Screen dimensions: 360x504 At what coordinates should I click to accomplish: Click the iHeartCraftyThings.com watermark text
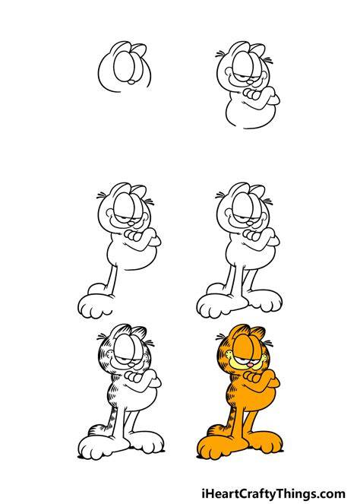point(273,493)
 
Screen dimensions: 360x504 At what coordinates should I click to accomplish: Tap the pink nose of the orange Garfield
point(250,364)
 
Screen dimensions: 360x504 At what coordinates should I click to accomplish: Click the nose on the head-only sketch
point(131,82)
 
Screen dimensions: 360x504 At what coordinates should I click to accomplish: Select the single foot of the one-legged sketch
point(96,306)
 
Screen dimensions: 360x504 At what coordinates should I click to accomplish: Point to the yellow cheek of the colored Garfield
point(229,356)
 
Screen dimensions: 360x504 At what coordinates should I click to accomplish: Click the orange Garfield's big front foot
point(216,446)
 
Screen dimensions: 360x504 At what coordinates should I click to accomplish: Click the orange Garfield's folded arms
point(261,380)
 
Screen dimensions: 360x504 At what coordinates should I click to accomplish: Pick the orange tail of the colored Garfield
point(216,430)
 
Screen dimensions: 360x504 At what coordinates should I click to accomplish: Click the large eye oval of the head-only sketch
point(124,67)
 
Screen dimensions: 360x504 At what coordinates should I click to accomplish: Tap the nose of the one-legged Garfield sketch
point(131,223)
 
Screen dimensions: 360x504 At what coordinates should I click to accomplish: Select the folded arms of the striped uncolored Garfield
point(142,380)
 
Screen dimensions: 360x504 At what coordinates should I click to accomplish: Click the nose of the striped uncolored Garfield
point(131,365)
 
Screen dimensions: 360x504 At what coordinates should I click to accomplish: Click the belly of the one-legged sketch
point(131,252)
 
